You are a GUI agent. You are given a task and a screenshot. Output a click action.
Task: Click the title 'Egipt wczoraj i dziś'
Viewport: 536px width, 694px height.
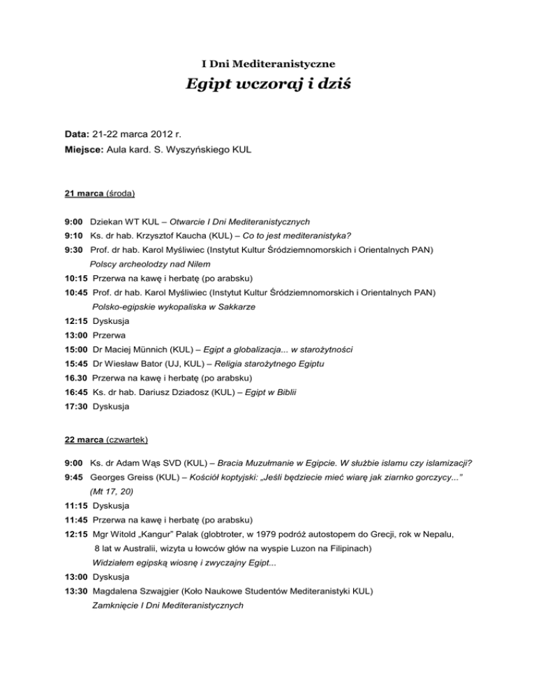267,85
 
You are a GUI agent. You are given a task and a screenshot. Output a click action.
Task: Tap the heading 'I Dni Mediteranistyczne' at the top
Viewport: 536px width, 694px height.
267,64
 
